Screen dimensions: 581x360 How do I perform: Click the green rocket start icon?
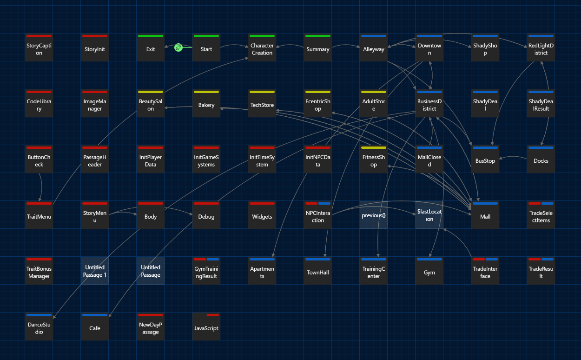click(x=178, y=47)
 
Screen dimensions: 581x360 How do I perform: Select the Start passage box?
click(x=206, y=47)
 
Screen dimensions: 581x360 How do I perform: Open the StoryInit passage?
click(x=95, y=47)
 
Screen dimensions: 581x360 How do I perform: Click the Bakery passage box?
click(x=206, y=103)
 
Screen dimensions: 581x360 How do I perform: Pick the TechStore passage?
click(x=262, y=103)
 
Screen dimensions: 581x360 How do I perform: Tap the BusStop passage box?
click(x=485, y=159)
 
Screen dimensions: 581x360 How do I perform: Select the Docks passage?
click(x=541, y=159)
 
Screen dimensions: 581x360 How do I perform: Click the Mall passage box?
click(x=485, y=215)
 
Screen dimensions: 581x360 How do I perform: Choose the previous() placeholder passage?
click(x=374, y=215)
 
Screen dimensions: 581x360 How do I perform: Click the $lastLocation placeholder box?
click(x=429, y=215)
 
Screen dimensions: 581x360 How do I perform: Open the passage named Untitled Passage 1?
click(x=95, y=271)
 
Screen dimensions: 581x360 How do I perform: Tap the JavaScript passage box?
click(x=206, y=327)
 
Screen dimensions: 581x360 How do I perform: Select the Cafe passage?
click(x=95, y=327)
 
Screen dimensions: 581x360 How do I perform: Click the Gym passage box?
click(x=429, y=271)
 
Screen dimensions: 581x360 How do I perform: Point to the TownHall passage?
click(x=318, y=271)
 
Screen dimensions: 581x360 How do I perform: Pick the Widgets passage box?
click(x=262, y=215)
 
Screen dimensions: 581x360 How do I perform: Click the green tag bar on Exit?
click(x=151, y=36)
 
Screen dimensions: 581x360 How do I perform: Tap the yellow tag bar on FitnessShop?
click(x=374, y=148)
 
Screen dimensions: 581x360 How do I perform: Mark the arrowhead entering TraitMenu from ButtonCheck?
click(x=40, y=200)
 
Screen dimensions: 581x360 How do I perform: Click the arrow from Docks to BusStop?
click(x=513, y=156)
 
